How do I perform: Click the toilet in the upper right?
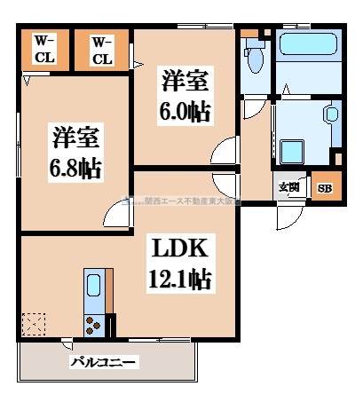(254, 58)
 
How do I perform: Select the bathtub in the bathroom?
(309, 61)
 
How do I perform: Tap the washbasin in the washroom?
(331, 114)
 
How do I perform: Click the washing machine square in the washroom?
(292, 150)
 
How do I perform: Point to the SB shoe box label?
(325, 188)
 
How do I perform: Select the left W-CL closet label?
(45, 50)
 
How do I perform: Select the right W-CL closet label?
(102, 50)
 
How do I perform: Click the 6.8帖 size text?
(75, 168)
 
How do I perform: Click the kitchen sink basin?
(94, 288)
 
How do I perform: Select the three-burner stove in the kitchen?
(93, 324)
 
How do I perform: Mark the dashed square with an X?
(36, 324)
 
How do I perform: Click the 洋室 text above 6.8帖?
(75, 138)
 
